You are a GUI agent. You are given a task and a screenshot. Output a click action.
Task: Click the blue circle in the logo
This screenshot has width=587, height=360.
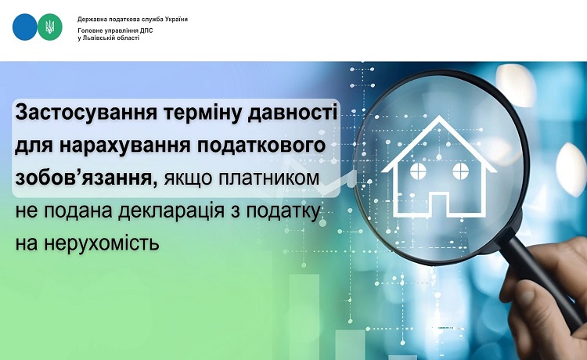pos(25,27)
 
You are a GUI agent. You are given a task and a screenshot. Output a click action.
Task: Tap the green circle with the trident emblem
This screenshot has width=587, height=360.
pos(50,27)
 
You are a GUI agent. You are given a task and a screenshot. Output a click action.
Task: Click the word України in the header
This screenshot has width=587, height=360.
pos(176,19)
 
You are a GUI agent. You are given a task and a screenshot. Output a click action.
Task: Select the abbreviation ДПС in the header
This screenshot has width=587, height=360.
pos(147,31)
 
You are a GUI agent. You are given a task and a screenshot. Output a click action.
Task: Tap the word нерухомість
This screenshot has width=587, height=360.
pos(102,243)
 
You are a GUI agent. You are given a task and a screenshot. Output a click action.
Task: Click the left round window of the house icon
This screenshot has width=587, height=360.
pos(418,171)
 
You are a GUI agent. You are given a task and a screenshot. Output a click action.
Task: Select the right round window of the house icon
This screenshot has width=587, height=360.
pos(460,171)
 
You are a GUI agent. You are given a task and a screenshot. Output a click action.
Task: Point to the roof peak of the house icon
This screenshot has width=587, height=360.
pos(439,117)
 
